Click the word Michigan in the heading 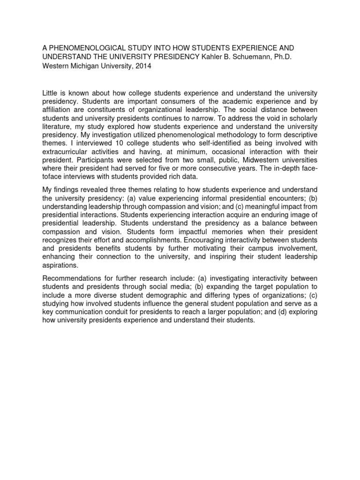[x=83, y=66]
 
